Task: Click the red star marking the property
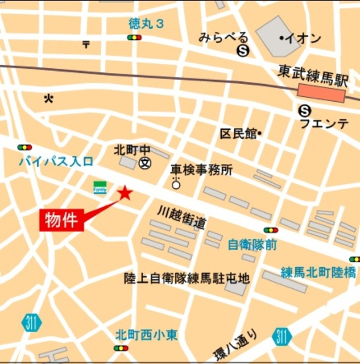tap(125, 193)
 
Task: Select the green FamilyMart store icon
tap(100, 187)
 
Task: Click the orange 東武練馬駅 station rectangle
tap(321, 93)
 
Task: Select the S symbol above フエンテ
tap(305, 110)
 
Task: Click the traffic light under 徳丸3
tap(134, 37)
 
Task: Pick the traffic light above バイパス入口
tap(25, 147)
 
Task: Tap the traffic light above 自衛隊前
tap(271, 230)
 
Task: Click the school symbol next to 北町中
tap(144, 163)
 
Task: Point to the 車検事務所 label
tap(201, 170)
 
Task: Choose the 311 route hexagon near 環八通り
tap(281, 337)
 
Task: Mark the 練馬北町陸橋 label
tap(318, 273)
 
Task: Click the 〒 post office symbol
tap(86, 45)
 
